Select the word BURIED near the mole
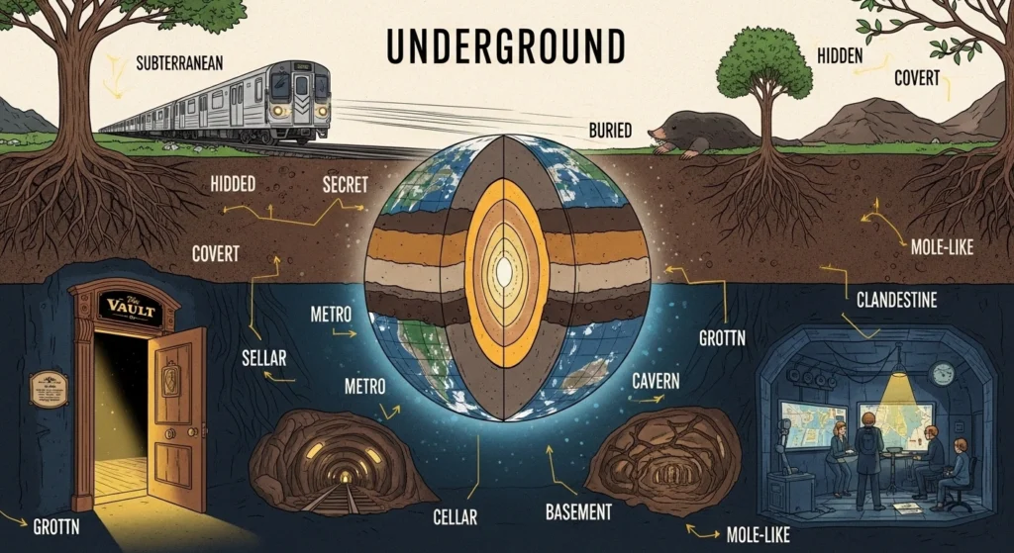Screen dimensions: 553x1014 click(x=600, y=130)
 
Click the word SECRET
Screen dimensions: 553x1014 click(x=347, y=184)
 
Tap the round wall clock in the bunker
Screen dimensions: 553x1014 click(x=942, y=373)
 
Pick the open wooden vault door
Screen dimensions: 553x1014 click(x=177, y=415)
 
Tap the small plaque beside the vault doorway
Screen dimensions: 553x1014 click(x=49, y=389)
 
